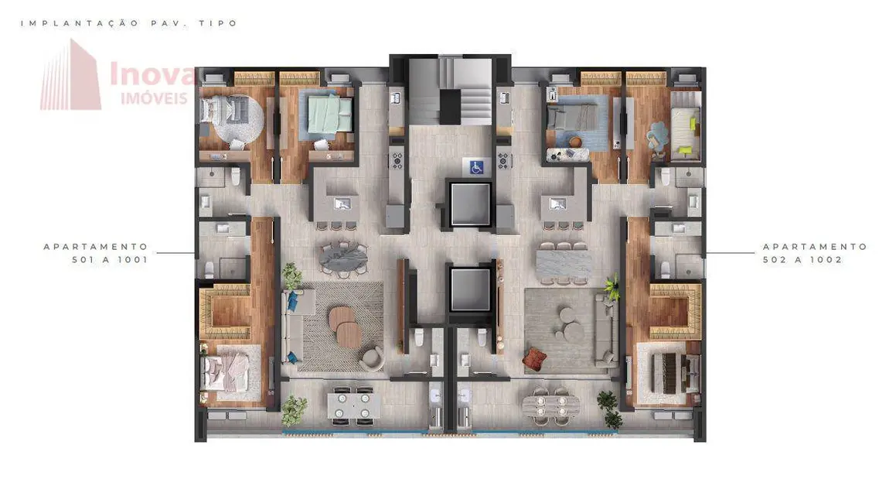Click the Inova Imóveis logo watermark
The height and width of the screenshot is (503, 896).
tap(116, 77)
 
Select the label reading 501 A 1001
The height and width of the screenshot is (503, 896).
tap(110, 260)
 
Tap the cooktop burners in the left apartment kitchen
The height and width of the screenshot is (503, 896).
tap(397, 161)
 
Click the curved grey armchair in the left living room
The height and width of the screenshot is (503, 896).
tap(373, 357)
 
